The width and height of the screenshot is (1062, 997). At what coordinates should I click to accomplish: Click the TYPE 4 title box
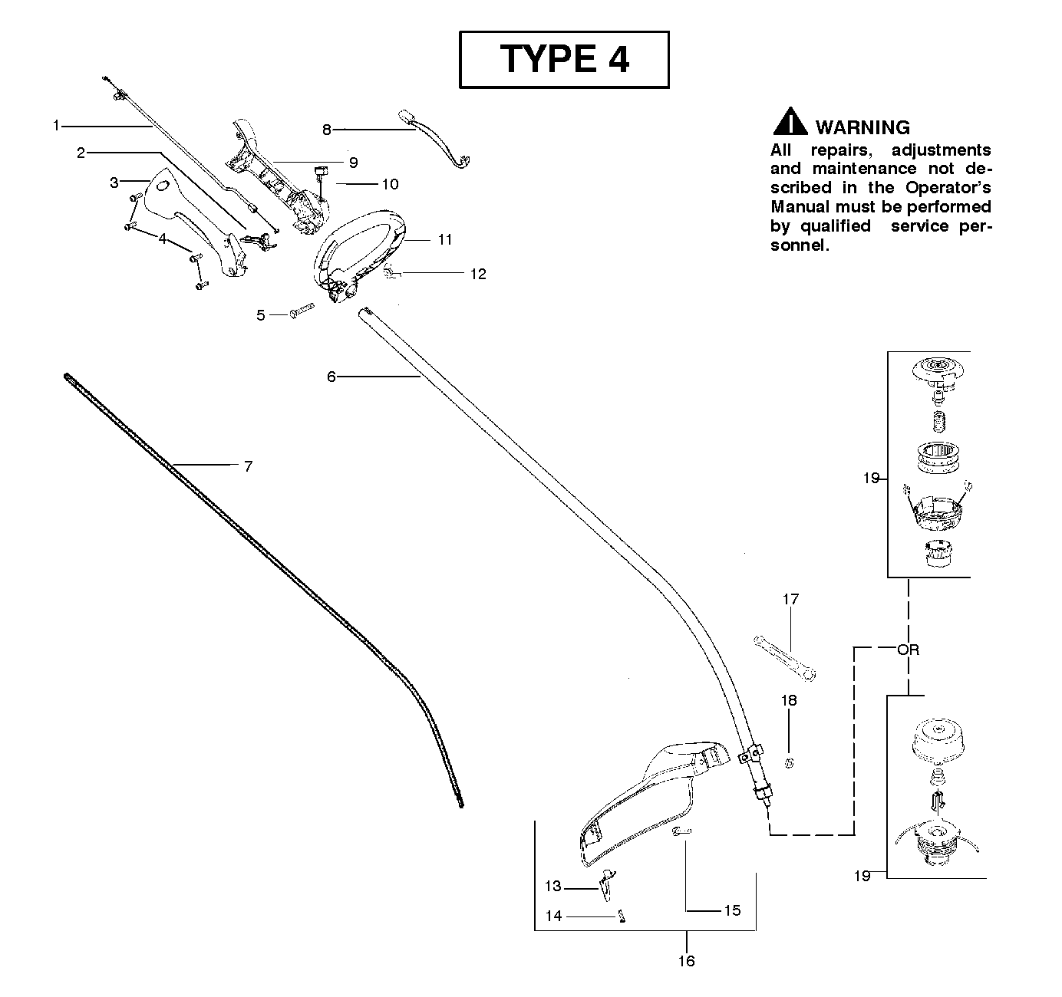click(564, 59)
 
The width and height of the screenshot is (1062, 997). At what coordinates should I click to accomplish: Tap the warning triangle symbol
click(789, 123)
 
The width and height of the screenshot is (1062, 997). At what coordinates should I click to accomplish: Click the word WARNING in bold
click(862, 127)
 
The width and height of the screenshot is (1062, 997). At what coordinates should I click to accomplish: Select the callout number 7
click(248, 466)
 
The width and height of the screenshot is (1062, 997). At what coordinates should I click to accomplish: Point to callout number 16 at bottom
click(686, 961)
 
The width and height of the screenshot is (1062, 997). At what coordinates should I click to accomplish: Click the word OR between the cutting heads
click(908, 650)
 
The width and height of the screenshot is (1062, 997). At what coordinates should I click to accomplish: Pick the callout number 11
click(445, 239)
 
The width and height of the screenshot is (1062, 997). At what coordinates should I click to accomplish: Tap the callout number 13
click(553, 887)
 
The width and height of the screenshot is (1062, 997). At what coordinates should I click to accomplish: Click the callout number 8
click(327, 130)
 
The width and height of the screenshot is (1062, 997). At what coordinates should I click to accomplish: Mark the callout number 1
click(56, 124)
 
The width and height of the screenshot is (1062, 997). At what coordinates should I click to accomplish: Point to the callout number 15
click(732, 910)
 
